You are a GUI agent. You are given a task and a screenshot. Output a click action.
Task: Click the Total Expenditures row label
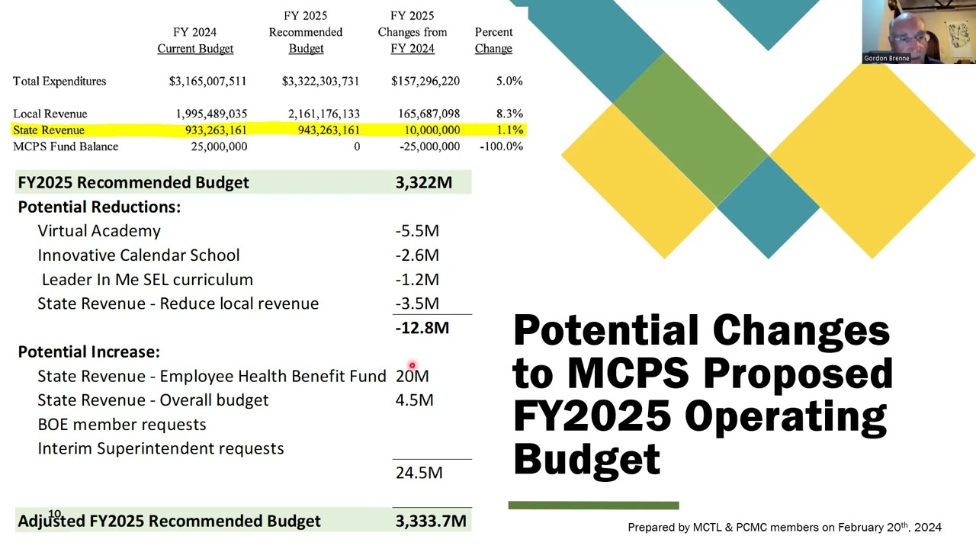coord(59,81)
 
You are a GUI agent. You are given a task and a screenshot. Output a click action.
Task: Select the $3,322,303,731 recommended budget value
coord(320,81)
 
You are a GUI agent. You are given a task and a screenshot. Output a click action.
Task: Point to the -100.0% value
coord(501,146)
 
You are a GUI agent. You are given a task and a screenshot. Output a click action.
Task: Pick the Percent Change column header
coord(493,40)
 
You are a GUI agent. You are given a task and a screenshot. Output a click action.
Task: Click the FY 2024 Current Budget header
coord(195,40)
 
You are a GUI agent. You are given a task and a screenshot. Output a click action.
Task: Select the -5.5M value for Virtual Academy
coord(417,231)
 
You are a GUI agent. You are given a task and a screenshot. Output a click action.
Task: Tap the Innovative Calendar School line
coord(138,255)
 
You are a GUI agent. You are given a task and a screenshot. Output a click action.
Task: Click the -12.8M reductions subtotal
coord(422,328)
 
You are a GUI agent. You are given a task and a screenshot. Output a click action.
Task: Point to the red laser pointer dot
coord(412,366)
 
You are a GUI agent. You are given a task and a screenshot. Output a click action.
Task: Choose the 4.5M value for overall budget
coord(414,400)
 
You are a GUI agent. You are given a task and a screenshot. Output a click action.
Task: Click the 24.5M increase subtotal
coord(419,473)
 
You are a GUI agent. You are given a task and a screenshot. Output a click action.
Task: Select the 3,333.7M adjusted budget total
coord(431,522)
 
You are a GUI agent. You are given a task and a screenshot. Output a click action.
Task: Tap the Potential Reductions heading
coord(99,207)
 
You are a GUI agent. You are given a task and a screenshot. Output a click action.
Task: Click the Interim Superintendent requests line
coord(160,448)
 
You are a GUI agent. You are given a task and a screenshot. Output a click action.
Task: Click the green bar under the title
coord(593,505)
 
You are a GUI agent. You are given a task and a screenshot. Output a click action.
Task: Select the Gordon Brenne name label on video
coord(886,58)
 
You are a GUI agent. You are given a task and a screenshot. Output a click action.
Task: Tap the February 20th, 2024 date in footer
coord(890,527)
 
